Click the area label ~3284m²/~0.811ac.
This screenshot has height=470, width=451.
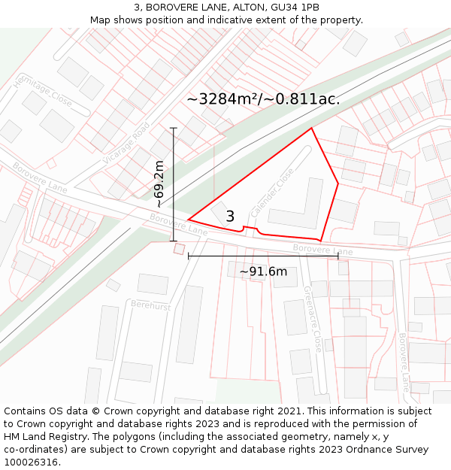coord(263,99)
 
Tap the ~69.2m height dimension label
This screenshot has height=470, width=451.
coord(159,184)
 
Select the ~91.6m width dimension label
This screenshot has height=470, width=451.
coord(263,271)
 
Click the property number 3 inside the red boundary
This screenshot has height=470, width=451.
coord(230,217)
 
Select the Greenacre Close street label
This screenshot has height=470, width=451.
coord(313,319)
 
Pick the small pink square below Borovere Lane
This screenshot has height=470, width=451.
coord(179,249)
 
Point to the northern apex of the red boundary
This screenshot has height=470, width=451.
coord(311,128)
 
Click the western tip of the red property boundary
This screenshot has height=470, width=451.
coord(188,220)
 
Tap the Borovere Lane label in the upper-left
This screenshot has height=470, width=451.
coord(40,177)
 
